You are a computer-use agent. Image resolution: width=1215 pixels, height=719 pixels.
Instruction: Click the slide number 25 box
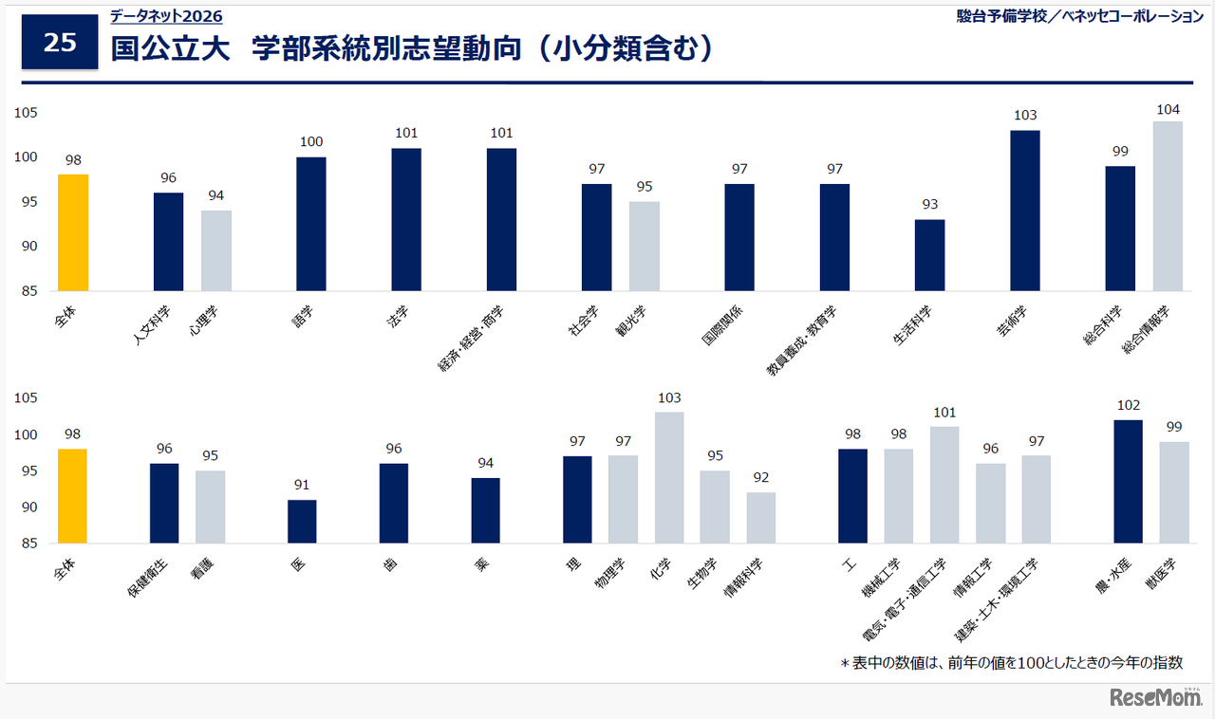click(x=60, y=43)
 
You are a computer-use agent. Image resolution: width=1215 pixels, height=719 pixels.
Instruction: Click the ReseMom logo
click(x=1155, y=697)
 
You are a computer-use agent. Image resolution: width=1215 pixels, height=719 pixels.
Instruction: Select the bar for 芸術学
click(x=1025, y=211)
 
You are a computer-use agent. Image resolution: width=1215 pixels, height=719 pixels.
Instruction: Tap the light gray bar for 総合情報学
click(x=1168, y=206)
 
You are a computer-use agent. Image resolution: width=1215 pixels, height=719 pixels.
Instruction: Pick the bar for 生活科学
click(x=929, y=255)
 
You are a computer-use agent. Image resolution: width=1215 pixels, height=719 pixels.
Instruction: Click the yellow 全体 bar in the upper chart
click(x=73, y=232)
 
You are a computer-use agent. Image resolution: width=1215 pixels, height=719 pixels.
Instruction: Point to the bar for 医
click(x=302, y=522)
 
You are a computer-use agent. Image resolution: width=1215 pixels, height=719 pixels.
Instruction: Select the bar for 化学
click(x=669, y=478)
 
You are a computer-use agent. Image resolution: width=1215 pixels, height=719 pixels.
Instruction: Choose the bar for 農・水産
click(x=1129, y=482)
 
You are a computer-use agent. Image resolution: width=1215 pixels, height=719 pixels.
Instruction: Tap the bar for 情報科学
click(x=760, y=518)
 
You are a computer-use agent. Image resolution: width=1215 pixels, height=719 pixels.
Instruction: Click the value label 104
click(x=1168, y=110)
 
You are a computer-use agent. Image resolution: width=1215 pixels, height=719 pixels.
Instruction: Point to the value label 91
click(x=302, y=486)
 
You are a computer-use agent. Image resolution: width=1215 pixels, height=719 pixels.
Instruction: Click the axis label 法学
click(x=398, y=317)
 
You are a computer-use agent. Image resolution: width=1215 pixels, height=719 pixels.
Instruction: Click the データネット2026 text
click(x=166, y=16)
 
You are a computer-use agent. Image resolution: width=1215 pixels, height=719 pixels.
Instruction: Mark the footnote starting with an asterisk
click(x=1011, y=663)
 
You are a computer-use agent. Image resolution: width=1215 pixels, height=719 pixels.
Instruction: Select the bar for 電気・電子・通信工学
click(x=944, y=485)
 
